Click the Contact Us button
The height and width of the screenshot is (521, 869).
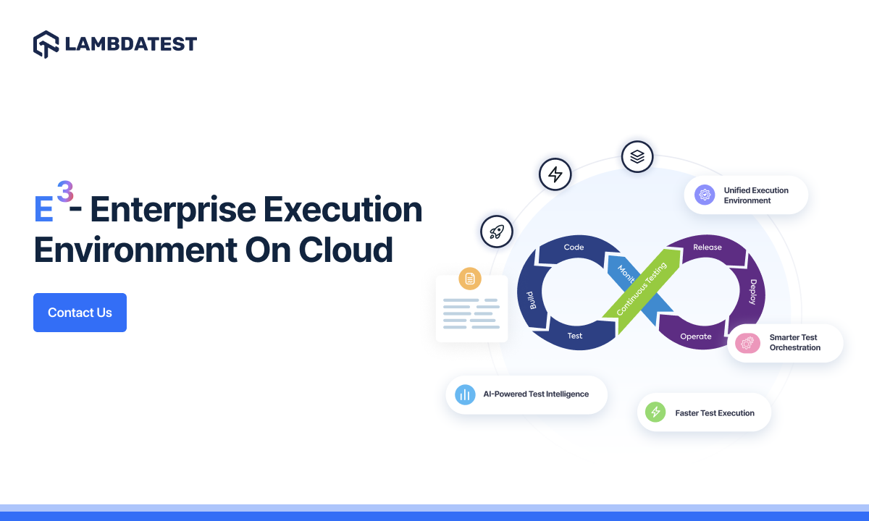pyautogui.click(x=80, y=313)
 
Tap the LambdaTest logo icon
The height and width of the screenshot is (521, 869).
pyautogui.click(x=46, y=44)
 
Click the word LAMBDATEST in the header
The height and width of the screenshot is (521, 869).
pyautogui.click(x=130, y=44)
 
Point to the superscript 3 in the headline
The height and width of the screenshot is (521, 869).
pyautogui.click(x=65, y=192)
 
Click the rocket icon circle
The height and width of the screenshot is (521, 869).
pyautogui.click(x=497, y=232)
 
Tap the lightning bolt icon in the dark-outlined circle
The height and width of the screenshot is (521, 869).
pyautogui.click(x=555, y=174)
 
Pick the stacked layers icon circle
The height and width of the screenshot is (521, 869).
pyautogui.click(x=637, y=156)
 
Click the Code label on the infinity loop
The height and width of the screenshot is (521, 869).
pyautogui.click(x=574, y=247)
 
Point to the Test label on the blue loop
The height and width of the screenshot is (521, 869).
pyautogui.click(x=575, y=336)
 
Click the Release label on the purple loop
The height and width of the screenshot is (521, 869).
pyautogui.click(x=708, y=247)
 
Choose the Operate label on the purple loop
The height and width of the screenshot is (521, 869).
pyautogui.click(x=696, y=336)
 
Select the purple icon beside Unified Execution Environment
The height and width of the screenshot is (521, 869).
pyautogui.click(x=705, y=195)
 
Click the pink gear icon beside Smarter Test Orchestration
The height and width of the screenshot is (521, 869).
pyautogui.click(x=747, y=343)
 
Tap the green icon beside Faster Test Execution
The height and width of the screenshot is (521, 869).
pyautogui.click(x=655, y=412)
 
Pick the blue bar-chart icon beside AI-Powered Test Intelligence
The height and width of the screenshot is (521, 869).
pyautogui.click(x=464, y=394)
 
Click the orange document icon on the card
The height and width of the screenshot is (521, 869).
pyautogui.click(x=470, y=279)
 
